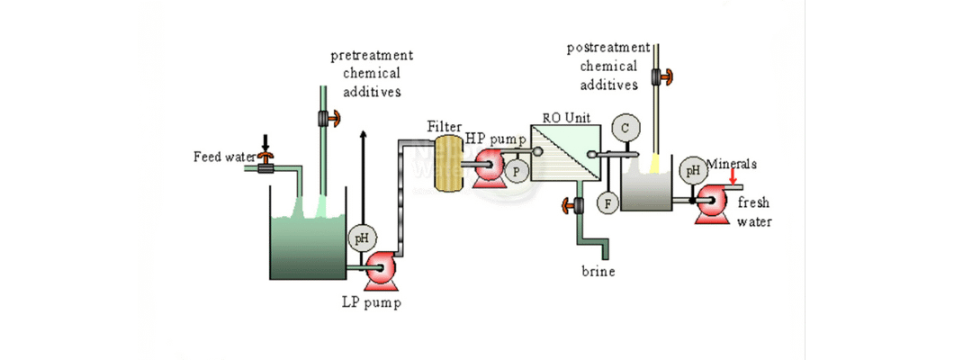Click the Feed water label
(x=225, y=157)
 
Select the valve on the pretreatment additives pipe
(x=325, y=118)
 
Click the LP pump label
(x=371, y=302)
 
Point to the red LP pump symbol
(x=378, y=266)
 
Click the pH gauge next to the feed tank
(x=362, y=238)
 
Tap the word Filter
(x=445, y=127)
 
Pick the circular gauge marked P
(x=517, y=170)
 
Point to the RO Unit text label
(x=564, y=117)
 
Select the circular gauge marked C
(x=625, y=129)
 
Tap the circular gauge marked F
(x=608, y=203)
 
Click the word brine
(x=598, y=271)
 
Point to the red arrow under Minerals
(x=733, y=178)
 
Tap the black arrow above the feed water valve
(x=265, y=142)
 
